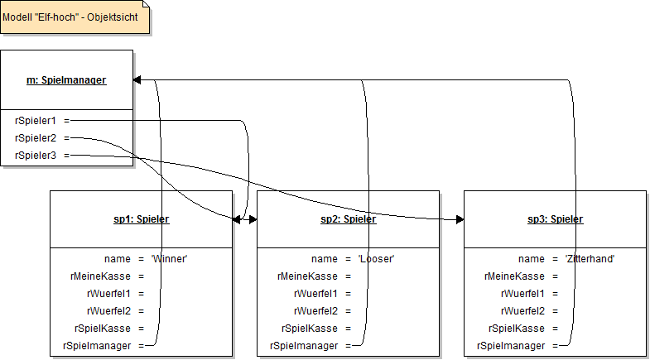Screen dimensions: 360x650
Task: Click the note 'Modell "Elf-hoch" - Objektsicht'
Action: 74,16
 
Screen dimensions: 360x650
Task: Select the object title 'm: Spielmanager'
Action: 66,80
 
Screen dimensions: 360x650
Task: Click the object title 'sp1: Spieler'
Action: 142,219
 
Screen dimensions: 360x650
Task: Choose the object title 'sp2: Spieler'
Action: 349,219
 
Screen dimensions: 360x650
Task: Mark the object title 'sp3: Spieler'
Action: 556,219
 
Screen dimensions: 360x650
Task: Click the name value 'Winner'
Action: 169,259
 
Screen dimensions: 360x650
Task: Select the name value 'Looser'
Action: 376,259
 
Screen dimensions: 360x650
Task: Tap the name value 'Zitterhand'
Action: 589,259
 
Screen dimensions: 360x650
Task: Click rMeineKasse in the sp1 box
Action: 102,276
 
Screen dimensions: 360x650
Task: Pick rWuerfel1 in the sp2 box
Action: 315,294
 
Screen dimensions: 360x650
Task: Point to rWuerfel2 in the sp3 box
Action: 522,311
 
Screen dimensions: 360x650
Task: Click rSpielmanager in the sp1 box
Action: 97,346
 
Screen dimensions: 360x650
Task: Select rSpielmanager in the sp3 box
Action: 511,346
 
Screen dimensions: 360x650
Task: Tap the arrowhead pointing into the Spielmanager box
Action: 137,80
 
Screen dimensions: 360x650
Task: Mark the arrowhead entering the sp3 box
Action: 460,219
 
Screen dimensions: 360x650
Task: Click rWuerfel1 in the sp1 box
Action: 108,294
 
